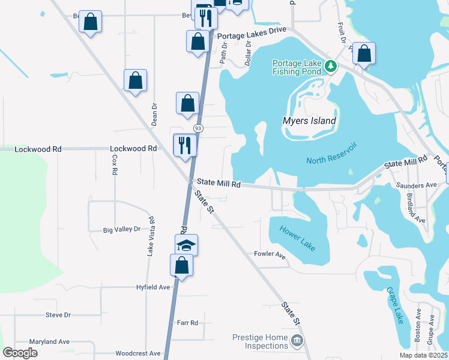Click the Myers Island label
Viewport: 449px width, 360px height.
point(309,121)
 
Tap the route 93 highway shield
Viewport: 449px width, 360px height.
point(198,129)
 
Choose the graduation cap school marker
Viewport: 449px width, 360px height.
point(186,244)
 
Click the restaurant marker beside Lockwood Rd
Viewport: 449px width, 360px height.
point(185,145)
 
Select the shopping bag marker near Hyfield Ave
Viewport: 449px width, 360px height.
point(181,265)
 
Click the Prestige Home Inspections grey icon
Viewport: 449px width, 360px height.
point(297,341)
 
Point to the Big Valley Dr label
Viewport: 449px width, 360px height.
point(121,229)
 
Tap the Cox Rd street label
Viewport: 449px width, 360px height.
point(114,164)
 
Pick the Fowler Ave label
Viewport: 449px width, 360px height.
point(270,254)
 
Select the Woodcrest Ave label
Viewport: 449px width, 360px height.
point(138,353)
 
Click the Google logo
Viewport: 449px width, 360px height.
point(20,353)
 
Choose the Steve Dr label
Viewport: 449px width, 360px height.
point(58,315)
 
